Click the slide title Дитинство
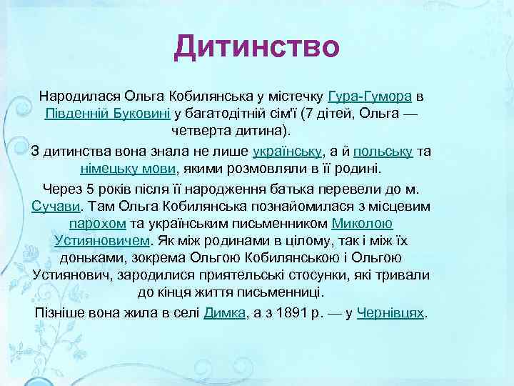click(257, 47)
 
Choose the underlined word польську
click(382, 152)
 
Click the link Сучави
click(57, 207)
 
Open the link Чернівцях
click(390, 313)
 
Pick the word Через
click(61, 189)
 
